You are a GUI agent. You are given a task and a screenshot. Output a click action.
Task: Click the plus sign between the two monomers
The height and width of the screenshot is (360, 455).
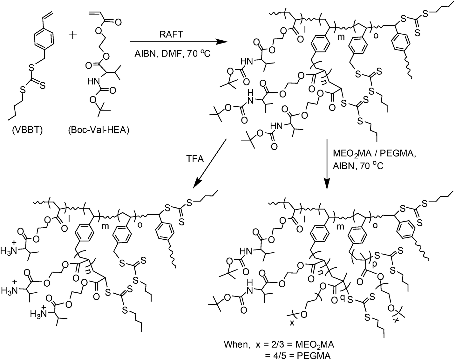(x=73, y=35)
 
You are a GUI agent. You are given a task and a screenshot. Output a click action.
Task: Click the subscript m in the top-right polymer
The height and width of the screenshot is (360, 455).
(x=341, y=37)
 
